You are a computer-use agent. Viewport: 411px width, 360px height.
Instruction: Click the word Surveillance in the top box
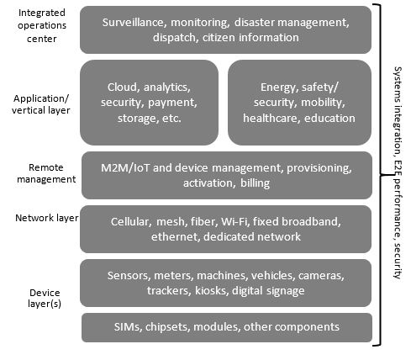(133, 23)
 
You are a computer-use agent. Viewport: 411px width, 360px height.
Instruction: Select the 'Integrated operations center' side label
(42, 25)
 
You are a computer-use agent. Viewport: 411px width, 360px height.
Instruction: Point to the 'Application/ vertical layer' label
(41, 104)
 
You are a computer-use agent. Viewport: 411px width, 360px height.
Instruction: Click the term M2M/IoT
(125, 168)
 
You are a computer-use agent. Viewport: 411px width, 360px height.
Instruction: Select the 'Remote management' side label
(46, 173)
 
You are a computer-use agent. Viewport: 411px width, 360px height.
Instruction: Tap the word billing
(256, 183)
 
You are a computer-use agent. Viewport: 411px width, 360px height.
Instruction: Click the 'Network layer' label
(47, 218)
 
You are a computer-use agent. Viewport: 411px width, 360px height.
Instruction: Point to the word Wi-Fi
(234, 222)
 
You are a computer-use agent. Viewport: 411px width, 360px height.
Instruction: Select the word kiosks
(212, 291)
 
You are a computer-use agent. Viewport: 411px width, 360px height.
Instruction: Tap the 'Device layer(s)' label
(45, 298)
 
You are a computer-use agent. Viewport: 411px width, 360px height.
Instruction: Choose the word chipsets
(168, 327)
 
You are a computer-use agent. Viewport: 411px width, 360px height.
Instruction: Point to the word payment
(172, 103)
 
